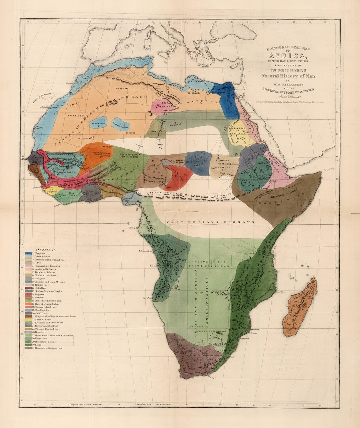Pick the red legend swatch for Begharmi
point(28,295)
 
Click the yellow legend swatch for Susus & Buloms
point(28,320)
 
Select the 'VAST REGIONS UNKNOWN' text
point(210,222)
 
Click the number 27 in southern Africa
point(201,293)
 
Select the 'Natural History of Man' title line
point(289,76)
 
